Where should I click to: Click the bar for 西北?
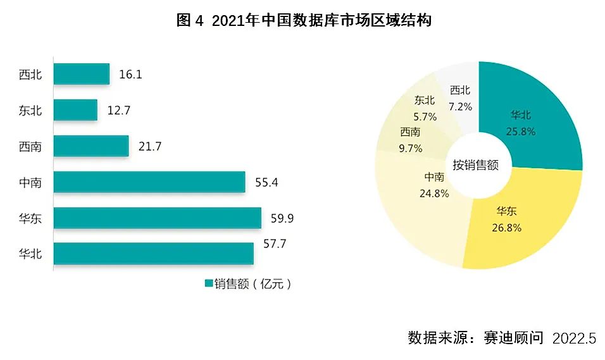click(82, 74)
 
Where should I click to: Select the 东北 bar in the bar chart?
click(75, 110)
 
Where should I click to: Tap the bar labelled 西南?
click(91, 146)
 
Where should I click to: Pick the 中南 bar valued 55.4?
click(149, 182)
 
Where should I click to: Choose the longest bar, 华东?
click(158, 218)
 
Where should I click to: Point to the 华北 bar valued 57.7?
click(154, 254)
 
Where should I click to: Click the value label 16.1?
click(130, 75)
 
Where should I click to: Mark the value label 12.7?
click(118, 111)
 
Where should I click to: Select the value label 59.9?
click(282, 219)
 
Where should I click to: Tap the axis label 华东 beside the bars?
click(30, 219)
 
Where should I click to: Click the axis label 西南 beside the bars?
click(30, 147)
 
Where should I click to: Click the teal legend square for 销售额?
click(208, 283)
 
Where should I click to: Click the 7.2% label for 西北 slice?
click(460, 107)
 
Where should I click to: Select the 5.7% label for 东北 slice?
click(425, 116)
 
